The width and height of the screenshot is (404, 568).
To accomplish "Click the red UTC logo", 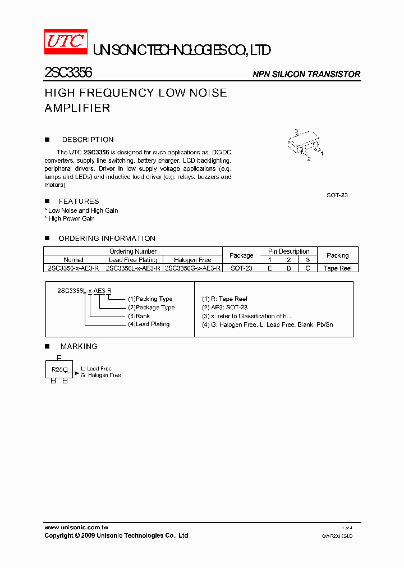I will (x=66, y=42).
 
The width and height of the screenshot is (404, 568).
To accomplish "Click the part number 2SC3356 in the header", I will (x=68, y=73).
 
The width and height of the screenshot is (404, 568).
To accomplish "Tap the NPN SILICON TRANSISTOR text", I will (x=306, y=74).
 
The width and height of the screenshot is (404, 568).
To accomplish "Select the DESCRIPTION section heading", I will (x=88, y=140).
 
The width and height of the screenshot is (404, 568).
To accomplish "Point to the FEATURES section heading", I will (x=79, y=201).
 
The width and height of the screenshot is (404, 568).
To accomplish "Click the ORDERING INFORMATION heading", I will (x=107, y=239).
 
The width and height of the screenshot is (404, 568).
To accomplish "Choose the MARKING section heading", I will (x=79, y=346).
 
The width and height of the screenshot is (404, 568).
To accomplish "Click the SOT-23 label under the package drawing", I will (x=337, y=195).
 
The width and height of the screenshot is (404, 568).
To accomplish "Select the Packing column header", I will (x=337, y=255).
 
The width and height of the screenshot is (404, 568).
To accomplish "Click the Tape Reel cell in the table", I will (x=337, y=268).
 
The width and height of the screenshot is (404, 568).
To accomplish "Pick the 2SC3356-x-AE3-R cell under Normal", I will (x=74, y=268).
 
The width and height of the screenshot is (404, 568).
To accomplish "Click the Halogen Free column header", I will (x=192, y=260).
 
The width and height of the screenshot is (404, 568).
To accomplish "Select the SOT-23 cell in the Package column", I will (x=241, y=268).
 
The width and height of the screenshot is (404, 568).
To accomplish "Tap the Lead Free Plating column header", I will (x=133, y=260).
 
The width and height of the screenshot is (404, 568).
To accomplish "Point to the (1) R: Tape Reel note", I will (x=224, y=299).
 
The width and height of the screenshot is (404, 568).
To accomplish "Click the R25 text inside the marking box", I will (x=57, y=370).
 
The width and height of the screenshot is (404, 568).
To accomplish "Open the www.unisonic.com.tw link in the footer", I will (x=76, y=528).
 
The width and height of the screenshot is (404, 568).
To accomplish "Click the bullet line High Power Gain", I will (x=71, y=218).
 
